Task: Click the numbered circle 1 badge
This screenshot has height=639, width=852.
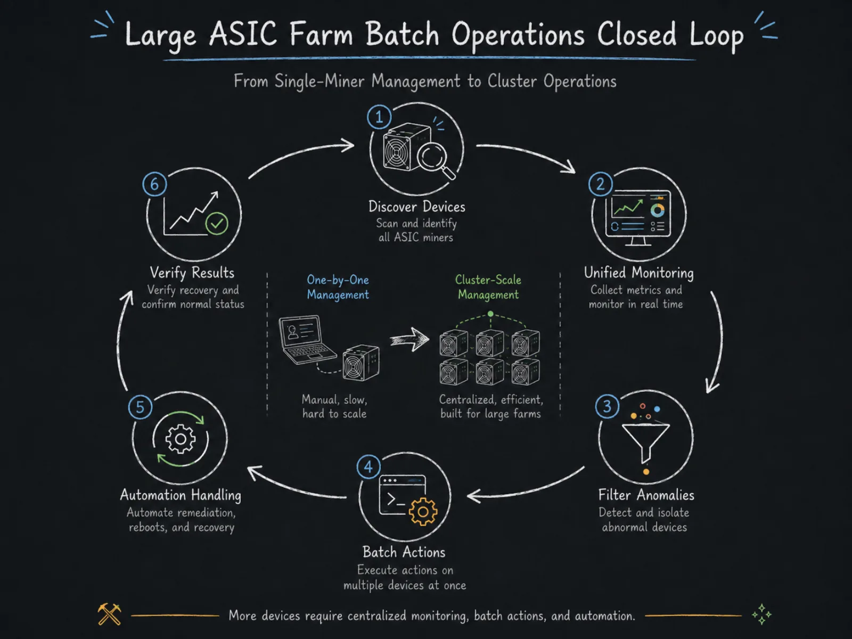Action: (379, 117)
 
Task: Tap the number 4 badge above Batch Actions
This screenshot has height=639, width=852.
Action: (368, 467)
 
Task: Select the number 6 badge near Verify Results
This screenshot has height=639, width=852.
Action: (154, 184)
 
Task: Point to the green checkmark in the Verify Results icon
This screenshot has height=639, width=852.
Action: (217, 223)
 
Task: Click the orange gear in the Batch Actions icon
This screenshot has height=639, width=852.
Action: (423, 511)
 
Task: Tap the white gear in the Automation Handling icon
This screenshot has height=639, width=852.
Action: (181, 439)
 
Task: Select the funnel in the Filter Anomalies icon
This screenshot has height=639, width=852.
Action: (645, 443)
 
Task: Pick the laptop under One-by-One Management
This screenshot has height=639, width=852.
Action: (307, 340)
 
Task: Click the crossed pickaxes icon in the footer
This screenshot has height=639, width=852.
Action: (109, 614)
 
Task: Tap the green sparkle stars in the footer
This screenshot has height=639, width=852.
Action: (761, 614)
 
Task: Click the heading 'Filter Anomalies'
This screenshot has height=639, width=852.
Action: (646, 495)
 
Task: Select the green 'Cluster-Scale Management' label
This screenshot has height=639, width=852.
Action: (488, 287)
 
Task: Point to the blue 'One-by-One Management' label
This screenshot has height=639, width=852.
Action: (338, 287)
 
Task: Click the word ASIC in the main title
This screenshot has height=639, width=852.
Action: (243, 34)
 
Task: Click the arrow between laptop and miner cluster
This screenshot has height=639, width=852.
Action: (409, 340)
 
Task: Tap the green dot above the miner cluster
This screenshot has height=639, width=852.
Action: (490, 314)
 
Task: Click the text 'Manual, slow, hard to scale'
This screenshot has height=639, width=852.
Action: (334, 406)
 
